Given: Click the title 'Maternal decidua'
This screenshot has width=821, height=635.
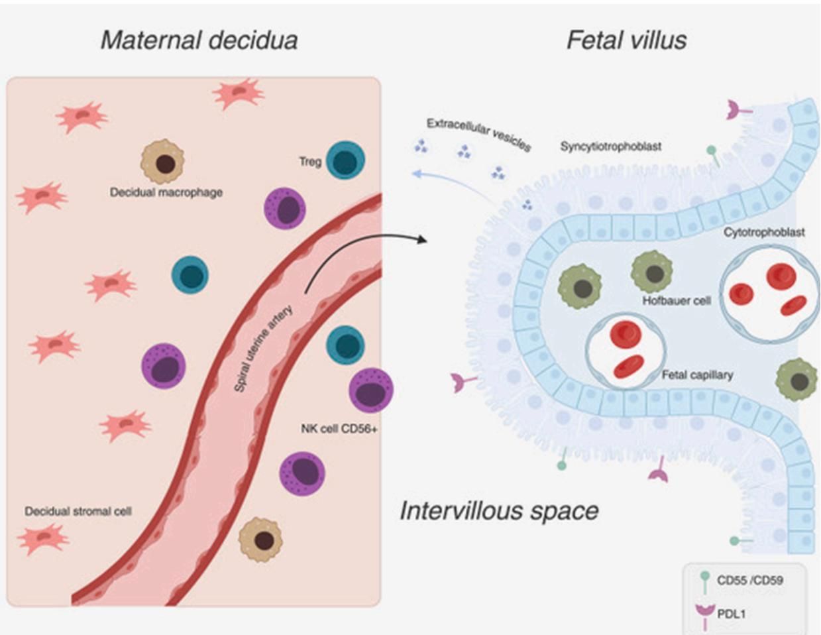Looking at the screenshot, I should point(199,40).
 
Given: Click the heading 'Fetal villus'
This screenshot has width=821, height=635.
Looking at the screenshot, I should point(626,40).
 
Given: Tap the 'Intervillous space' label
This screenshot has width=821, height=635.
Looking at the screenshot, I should point(499,511).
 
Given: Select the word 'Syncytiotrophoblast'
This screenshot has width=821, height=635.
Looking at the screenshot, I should point(610,146).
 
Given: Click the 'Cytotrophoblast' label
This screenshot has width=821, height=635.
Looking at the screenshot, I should point(764,232).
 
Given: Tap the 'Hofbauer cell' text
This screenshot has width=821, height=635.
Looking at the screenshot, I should point(676,301).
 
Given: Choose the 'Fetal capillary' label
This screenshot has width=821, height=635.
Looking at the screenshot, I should point(697,375).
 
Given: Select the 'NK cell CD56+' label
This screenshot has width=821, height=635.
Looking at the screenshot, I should point(339,429).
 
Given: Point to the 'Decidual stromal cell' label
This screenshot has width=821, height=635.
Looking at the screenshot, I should point(78,512).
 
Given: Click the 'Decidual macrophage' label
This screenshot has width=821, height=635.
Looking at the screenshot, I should point(166,193).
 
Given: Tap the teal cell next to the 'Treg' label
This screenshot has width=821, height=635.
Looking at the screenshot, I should point(345,160).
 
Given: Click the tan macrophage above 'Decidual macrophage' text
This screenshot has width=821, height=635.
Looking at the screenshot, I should point(163,161).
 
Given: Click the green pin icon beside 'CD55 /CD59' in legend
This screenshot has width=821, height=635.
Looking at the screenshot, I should point(704,583).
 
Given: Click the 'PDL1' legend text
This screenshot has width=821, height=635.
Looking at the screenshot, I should point(731,614).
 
